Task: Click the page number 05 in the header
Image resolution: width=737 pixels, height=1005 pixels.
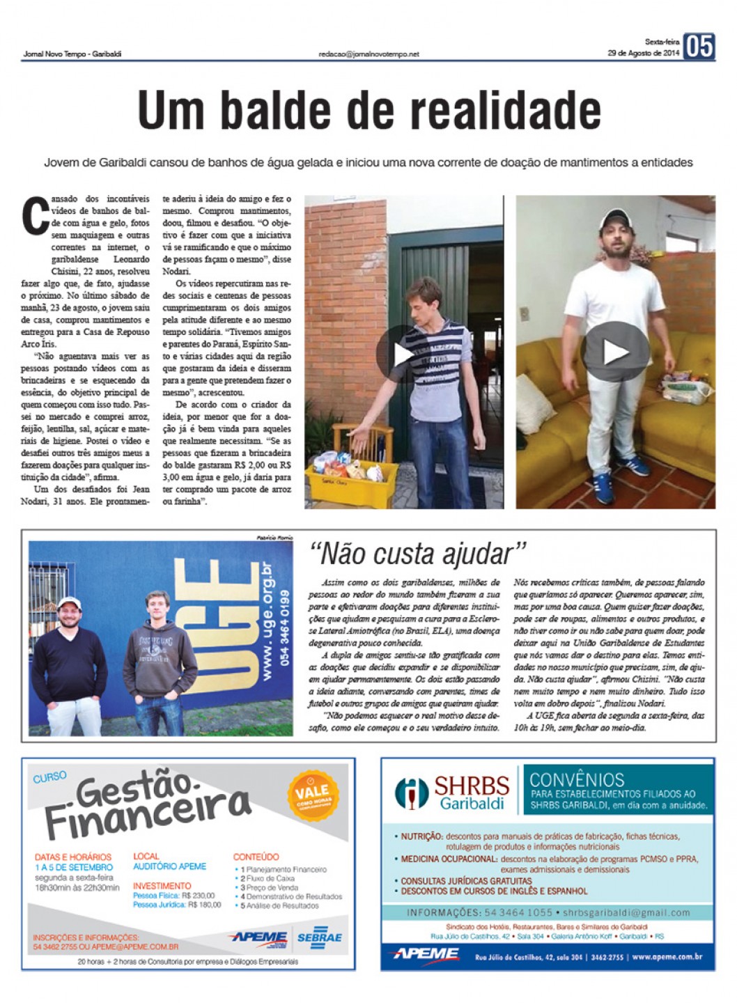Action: [x=699, y=47]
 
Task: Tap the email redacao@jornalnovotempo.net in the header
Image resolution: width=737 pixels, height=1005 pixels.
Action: [x=368, y=54]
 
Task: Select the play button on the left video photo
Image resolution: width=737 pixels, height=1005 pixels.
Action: [x=402, y=355]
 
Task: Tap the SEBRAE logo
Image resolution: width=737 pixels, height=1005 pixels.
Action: [x=320, y=937]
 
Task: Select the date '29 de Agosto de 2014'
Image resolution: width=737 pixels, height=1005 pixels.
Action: [x=642, y=53]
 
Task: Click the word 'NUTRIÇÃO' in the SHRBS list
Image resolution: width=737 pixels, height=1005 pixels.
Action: [x=421, y=836]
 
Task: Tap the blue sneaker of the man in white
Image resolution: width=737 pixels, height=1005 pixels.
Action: [x=602, y=484]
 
